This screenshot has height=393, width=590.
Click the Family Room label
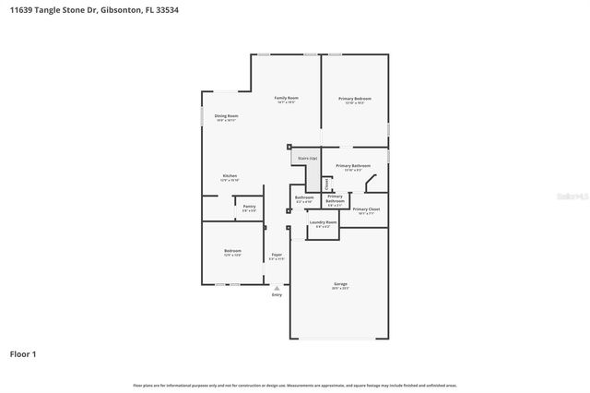click(286, 99)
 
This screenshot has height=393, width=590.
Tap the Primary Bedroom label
click(354, 99)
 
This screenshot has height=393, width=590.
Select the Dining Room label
click(227, 117)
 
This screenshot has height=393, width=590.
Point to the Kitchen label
click(230, 177)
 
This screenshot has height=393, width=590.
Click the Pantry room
click(249, 208)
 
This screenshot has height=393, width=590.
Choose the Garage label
click(341, 285)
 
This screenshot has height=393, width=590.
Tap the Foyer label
click(277, 256)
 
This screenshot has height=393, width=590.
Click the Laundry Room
click(323, 223)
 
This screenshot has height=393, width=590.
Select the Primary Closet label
click(366, 210)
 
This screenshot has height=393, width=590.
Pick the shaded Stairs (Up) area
click(307, 159)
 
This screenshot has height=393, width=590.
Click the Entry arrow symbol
click(277, 288)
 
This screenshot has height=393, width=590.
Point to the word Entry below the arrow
click(277, 295)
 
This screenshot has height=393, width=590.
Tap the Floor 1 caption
click(23, 353)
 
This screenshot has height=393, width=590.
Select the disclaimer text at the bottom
click(295, 385)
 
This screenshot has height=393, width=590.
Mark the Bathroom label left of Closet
click(304, 198)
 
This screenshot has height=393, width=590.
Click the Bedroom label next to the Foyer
click(232, 252)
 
